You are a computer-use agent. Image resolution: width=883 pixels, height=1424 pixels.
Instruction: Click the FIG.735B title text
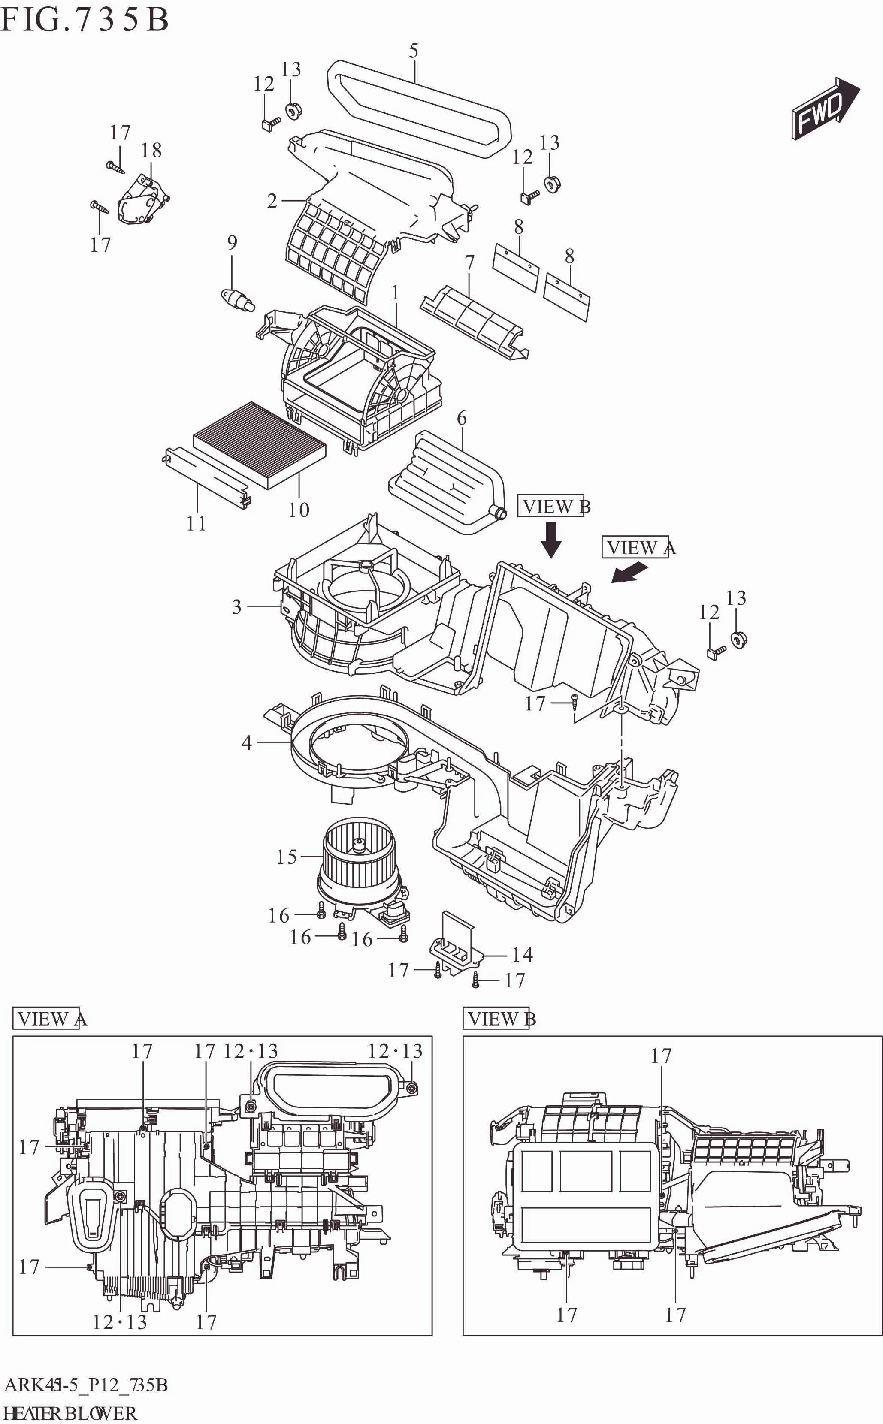click(x=85, y=19)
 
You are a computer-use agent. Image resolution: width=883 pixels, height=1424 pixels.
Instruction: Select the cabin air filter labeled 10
click(x=260, y=444)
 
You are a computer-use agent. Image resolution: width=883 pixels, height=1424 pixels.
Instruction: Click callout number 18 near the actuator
click(x=151, y=151)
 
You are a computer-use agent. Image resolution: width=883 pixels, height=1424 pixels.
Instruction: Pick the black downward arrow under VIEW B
click(x=551, y=539)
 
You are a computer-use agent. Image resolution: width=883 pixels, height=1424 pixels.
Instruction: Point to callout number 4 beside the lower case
click(x=247, y=742)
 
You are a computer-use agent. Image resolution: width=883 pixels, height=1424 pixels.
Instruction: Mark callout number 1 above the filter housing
click(x=395, y=292)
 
